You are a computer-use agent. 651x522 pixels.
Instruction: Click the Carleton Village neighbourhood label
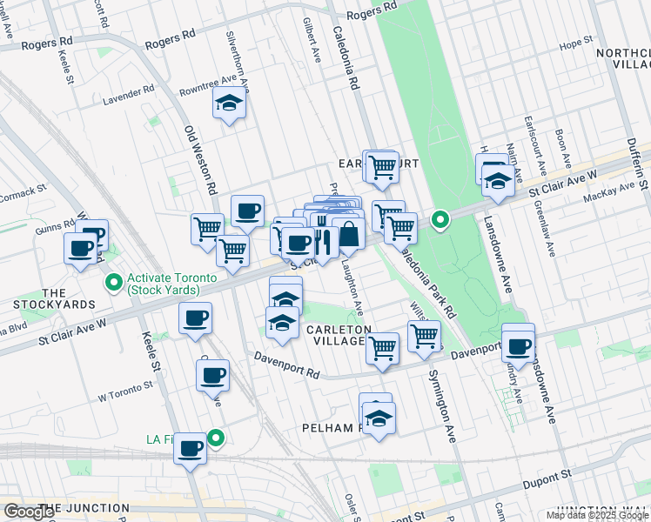(x=339, y=335)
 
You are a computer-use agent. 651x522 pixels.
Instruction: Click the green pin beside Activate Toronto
(x=112, y=282)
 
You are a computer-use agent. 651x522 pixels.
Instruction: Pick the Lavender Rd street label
(x=128, y=90)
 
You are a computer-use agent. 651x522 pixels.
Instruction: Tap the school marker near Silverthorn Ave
(x=229, y=104)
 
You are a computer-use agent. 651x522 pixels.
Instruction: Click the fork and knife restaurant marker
(x=321, y=241)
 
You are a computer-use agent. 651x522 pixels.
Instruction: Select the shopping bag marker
(x=348, y=235)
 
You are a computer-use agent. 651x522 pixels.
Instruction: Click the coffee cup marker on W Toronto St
(x=212, y=377)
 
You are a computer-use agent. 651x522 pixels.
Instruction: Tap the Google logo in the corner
(x=29, y=512)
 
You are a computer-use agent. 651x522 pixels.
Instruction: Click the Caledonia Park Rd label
(x=427, y=279)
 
